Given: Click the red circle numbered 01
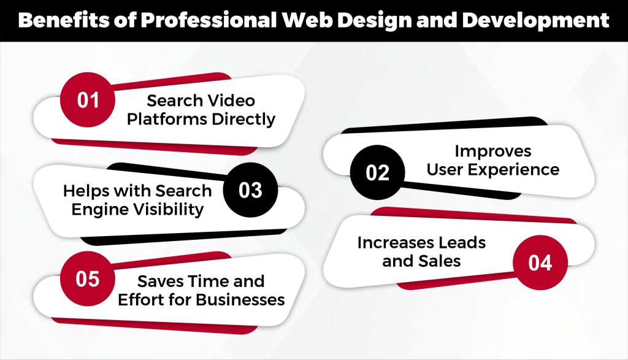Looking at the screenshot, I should click(88, 100).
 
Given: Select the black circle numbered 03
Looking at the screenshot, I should click(250, 190).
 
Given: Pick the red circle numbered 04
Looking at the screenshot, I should click(540, 262).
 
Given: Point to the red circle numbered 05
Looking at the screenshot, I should click(88, 279).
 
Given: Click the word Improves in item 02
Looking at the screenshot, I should click(492, 151).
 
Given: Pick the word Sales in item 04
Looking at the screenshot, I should click(440, 261).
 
